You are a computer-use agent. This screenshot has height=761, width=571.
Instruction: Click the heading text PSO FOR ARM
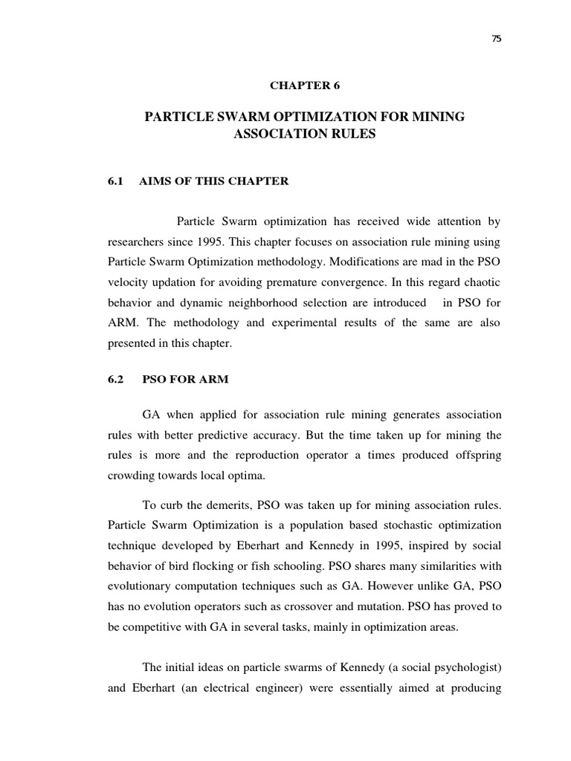(x=186, y=379)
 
